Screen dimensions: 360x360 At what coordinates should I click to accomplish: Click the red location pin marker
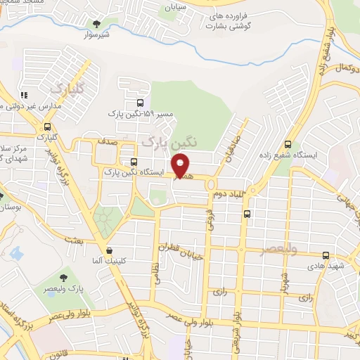pyautogui.click(x=181, y=165)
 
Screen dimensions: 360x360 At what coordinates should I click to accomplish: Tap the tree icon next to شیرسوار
pyautogui.click(x=96, y=23)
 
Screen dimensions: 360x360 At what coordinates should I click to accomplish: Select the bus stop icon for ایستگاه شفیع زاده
pyautogui.click(x=288, y=144)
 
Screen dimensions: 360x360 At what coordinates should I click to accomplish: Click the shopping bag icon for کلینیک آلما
pyautogui.click(x=109, y=250)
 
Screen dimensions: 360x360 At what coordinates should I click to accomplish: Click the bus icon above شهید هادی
pyautogui.click(x=326, y=256)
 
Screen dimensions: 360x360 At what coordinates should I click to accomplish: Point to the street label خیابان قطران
pyautogui.click(x=181, y=250)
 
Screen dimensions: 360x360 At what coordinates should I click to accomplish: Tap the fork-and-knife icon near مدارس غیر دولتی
pyautogui.click(x=23, y=95)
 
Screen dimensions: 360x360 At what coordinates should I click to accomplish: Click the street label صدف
pyautogui.click(x=107, y=141)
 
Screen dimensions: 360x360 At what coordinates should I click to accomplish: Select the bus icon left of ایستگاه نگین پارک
pyautogui.click(x=134, y=162)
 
